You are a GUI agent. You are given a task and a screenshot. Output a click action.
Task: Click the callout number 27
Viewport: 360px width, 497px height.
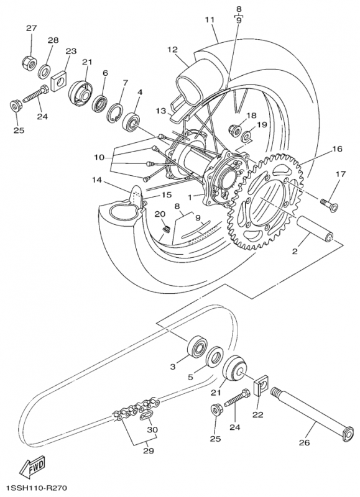coord(30,29)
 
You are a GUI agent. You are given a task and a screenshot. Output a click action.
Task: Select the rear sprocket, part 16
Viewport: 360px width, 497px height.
coord(269,196)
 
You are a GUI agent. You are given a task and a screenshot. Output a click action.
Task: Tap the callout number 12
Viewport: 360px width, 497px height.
coord(172,49)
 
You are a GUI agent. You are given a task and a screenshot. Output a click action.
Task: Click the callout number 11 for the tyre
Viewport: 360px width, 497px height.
coord(210,20)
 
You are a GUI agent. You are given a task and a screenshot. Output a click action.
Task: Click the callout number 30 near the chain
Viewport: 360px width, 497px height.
coord(152,429)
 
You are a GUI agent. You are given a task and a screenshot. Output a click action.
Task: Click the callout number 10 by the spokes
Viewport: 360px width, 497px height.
coord(99,158)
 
